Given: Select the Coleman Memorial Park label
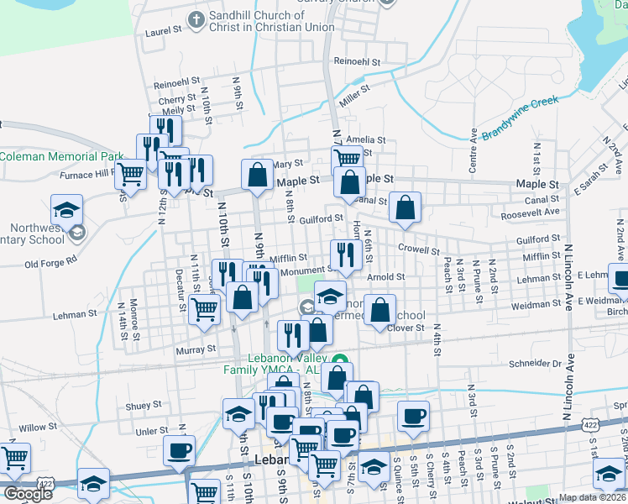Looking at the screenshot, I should coord(60,156).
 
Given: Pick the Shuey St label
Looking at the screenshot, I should coord(144,405).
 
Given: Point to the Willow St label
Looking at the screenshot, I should coord(38,427).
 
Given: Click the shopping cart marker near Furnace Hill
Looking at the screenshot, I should coord(129,175).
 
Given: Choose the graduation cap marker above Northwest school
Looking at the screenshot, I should coord(67,209).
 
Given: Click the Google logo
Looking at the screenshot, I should coord(28,494).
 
